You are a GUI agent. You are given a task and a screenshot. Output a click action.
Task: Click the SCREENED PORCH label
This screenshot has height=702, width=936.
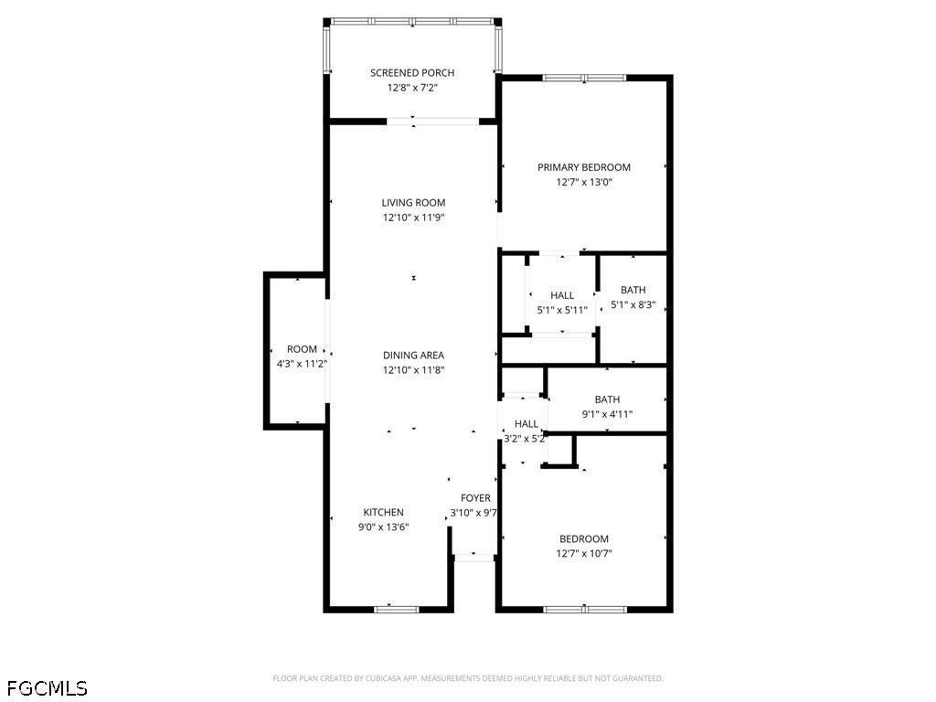(412, 73)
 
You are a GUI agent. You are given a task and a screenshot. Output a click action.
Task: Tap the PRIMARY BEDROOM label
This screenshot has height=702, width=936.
(584, 167)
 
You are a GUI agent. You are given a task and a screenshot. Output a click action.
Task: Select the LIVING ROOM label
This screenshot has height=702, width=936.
(413, 202)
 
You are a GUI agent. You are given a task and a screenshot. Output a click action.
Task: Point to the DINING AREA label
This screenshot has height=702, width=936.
(413, 356)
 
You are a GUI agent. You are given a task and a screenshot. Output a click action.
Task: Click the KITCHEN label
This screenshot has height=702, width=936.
(383, 512)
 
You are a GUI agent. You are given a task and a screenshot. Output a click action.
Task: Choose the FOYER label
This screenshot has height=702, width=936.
(475, 498)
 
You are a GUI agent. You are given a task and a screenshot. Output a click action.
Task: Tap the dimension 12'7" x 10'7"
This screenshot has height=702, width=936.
(584, 553)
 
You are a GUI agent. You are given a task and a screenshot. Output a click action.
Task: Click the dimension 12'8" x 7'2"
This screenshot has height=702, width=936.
(412, 88)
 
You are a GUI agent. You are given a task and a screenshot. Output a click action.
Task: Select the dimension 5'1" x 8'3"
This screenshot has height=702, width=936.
(633, 304)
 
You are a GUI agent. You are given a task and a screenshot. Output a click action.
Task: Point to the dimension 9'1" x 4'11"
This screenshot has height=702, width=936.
(607, 414)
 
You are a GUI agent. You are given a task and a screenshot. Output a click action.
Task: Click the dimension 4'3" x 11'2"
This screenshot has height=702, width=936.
(302, 364)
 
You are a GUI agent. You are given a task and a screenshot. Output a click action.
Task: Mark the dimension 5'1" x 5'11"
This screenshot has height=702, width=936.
(562, 310)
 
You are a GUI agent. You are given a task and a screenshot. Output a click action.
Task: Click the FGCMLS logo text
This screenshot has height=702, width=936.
(48, 688)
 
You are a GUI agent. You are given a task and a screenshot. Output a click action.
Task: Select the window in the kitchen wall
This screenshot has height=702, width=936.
(397, 610)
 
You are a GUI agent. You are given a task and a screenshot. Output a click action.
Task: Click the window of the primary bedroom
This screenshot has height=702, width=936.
(584, 78)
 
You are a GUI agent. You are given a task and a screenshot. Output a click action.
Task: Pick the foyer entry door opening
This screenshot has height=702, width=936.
(474, 558)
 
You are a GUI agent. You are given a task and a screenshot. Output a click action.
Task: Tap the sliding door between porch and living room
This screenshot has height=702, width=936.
(432, 122)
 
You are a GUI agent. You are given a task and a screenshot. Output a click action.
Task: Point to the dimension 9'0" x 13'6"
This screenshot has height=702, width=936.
(383, 527)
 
